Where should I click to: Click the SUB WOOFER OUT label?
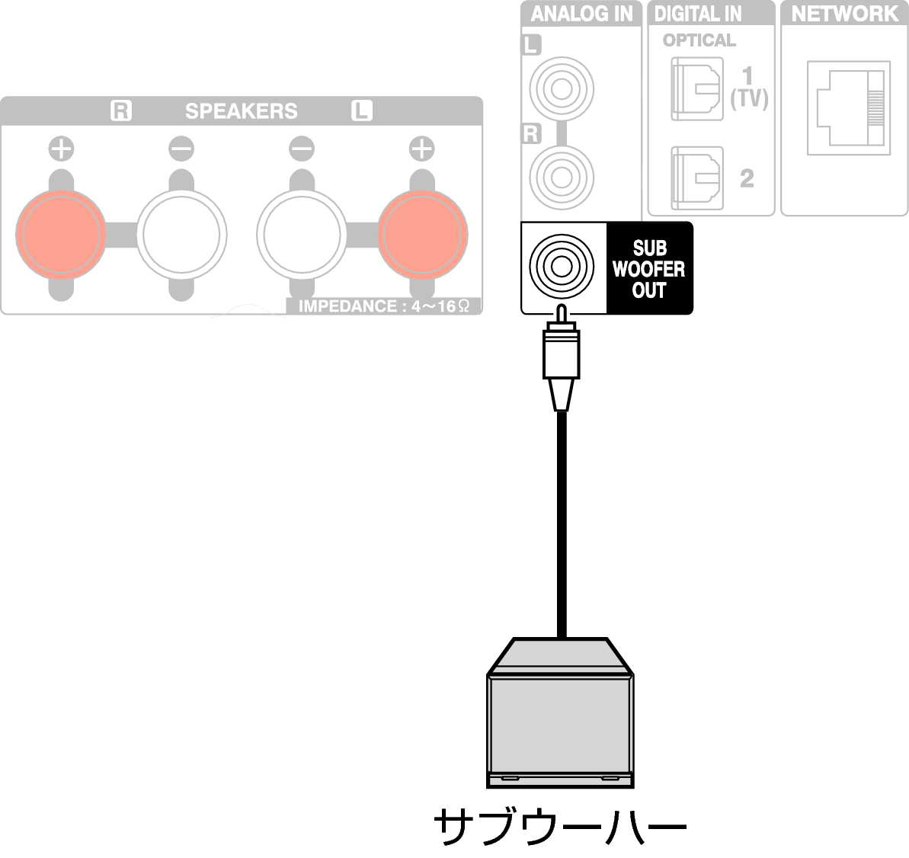coord(648,269)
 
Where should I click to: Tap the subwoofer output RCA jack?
coord(561,267)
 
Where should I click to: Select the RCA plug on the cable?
coord(561,357)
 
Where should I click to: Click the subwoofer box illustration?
coord(560,712)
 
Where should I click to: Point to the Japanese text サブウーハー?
coord(560,825)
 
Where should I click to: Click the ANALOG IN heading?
coord(581,13)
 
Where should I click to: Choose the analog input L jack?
coord(561,88)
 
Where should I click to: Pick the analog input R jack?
coord(561,177)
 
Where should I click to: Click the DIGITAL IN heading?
coord(697,13)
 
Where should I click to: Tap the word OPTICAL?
coord(699,40)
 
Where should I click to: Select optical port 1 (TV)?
coord(697,88)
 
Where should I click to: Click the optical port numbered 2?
coord(697,178)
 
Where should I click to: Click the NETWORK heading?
coord(845,13)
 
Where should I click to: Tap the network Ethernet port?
coord(849,108)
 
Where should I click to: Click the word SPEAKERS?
coord(242,110)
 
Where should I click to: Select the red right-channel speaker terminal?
coord(61,235)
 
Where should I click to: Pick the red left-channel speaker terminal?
coord(423,235)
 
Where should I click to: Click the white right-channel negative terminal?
coord(181,235)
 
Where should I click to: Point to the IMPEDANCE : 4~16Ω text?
coord(383,306)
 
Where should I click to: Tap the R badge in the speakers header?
coord(121,110)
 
